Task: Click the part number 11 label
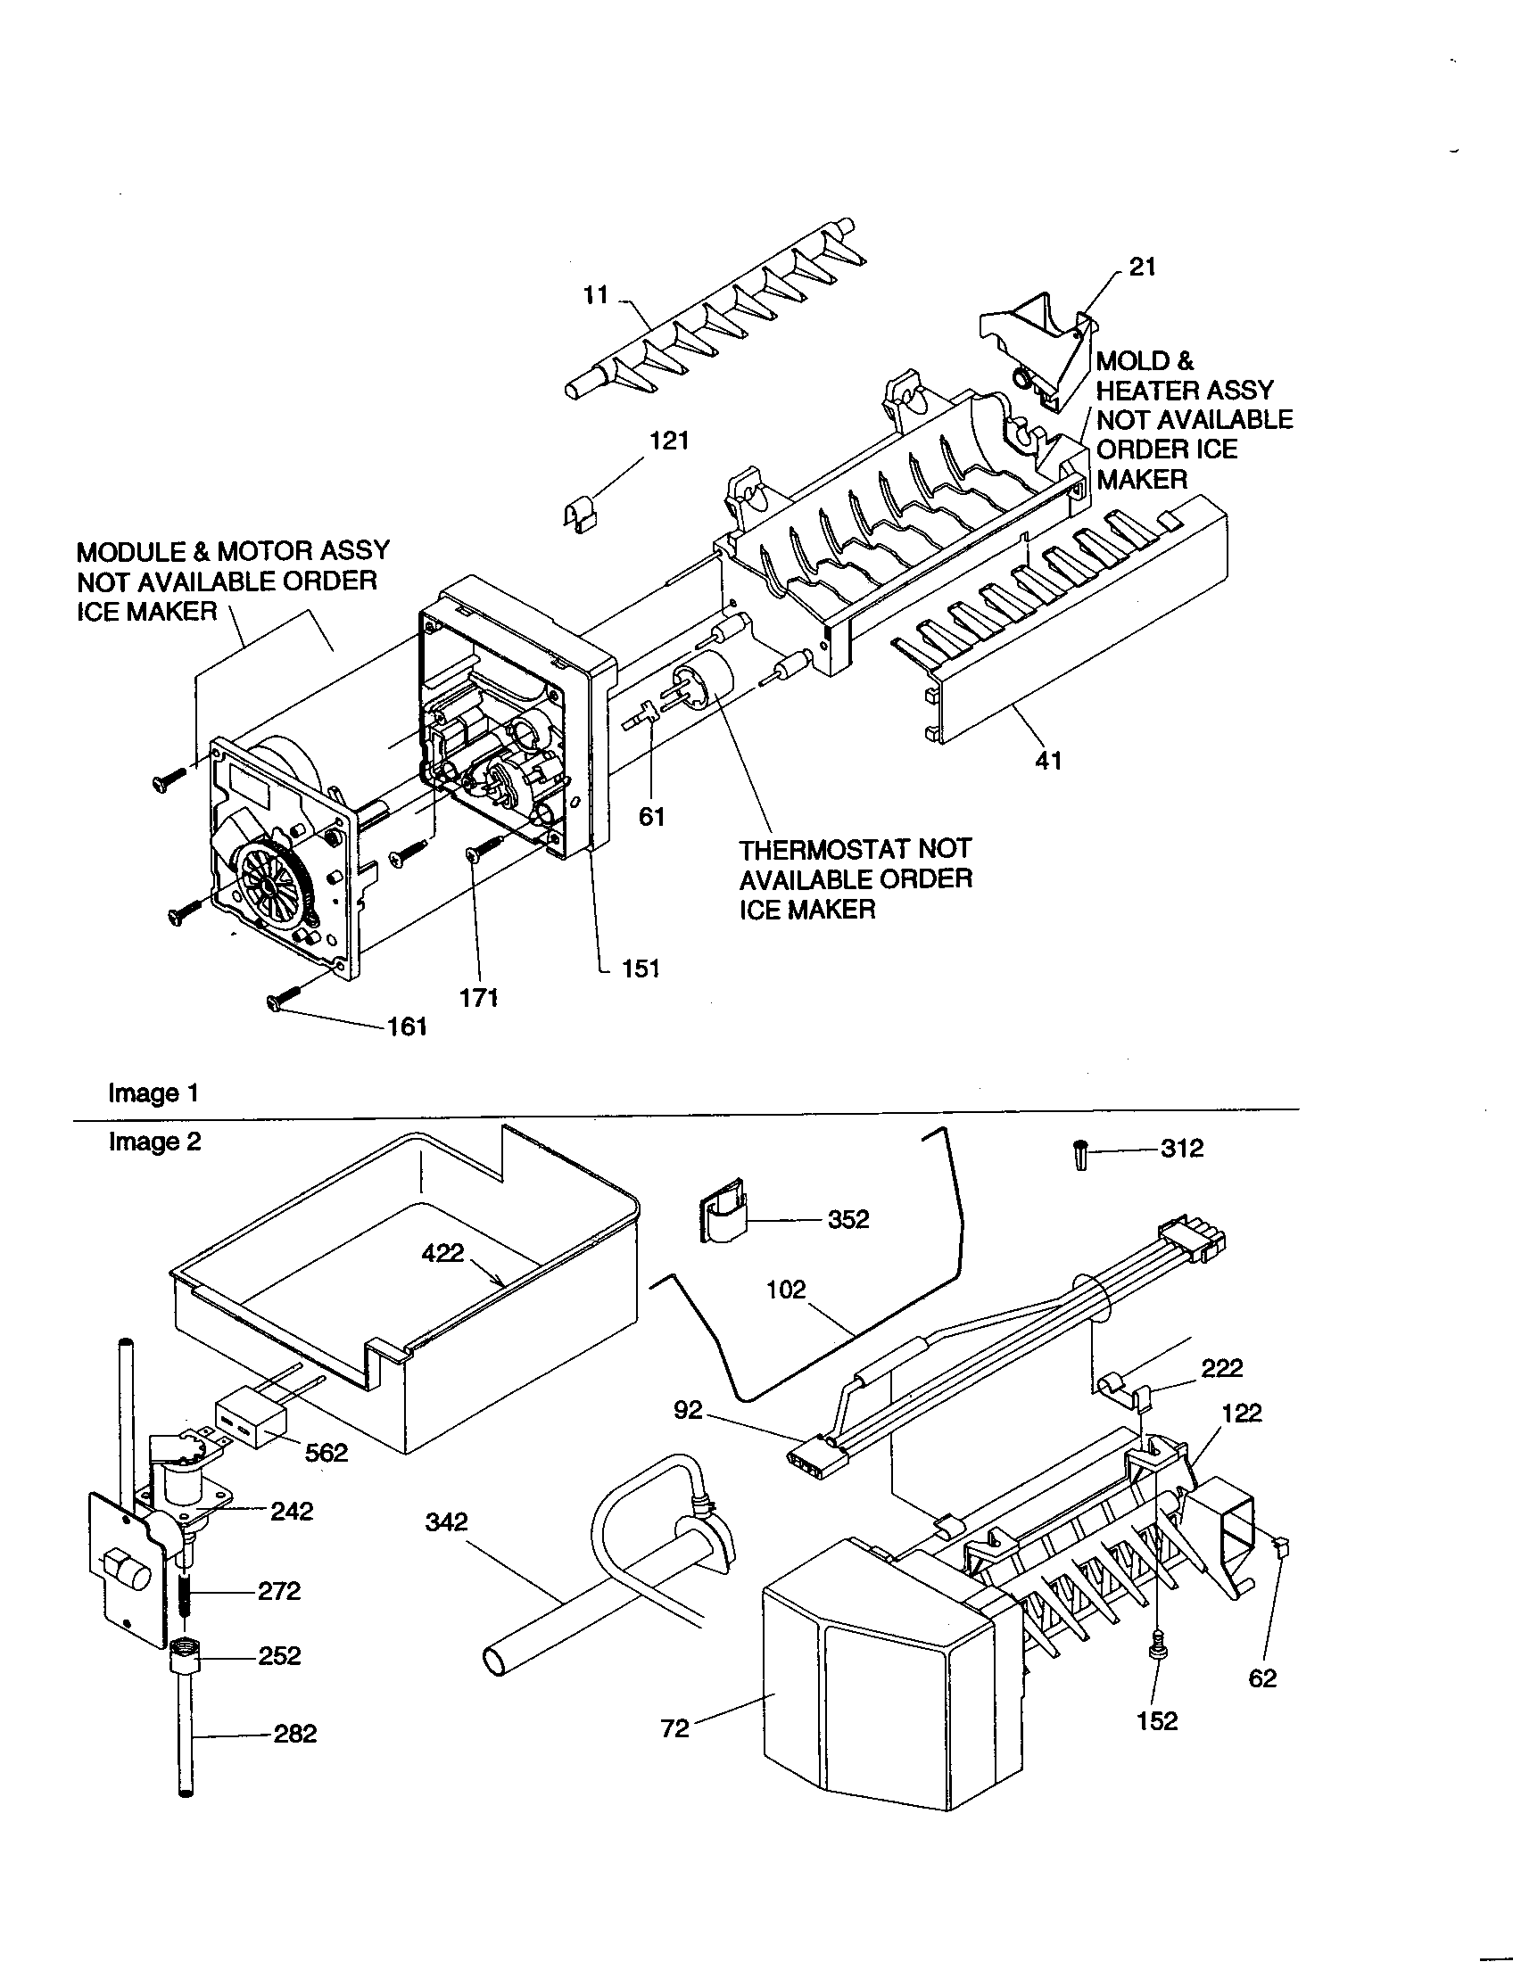596,294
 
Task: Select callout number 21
1142,267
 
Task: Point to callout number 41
1047,760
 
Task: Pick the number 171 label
479,998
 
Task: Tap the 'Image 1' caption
153,1093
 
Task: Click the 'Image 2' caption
154,1142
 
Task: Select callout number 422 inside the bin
442,1252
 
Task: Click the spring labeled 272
186,1593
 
